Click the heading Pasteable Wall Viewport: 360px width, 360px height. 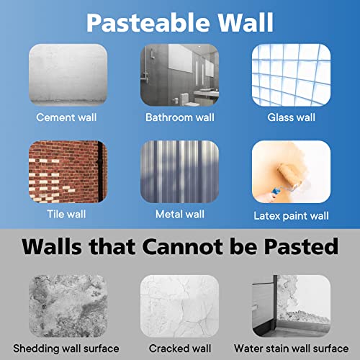[x=180, y=22]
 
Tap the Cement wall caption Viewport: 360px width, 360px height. [x=66, y=117]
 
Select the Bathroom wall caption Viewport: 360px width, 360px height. [x=180, y=117]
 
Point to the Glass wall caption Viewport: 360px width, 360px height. [x=291, y=117]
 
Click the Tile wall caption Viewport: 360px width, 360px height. [x=66, y=214]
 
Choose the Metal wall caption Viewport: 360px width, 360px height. [x=180, y=214]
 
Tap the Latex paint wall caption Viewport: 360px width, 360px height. [x=291, y=216]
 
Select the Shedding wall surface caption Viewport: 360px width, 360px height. [x=66, y=348]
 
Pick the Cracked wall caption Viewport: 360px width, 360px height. [x=180, y=348]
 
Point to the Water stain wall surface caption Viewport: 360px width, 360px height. [x=292, y=348]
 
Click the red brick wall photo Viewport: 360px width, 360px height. [x=68, y=171]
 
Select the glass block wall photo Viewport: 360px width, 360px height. [x=291, y=75]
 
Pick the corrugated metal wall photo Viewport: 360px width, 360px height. [x=179, y=171]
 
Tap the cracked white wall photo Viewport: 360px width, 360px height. [x=179, y=306]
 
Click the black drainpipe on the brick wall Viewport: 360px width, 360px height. [x=101, y=171]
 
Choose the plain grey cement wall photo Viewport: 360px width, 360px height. [x=68, y=75]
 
